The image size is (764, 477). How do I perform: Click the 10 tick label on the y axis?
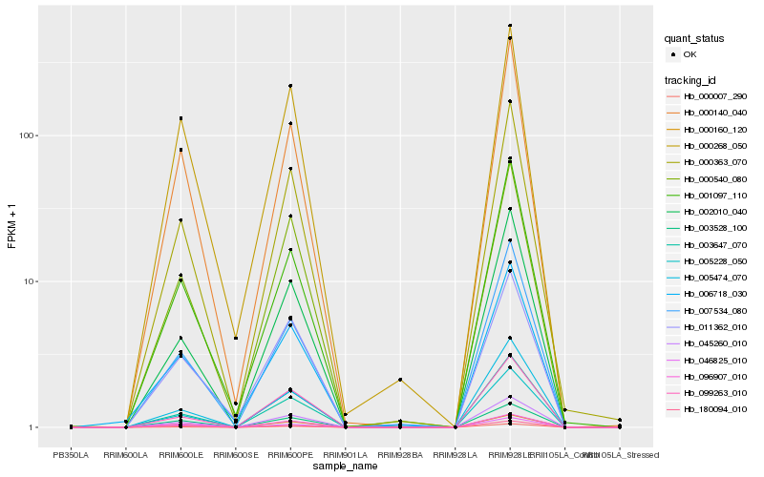click(x=31, y=281)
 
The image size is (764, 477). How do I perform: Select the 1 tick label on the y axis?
click(x=33, y=427)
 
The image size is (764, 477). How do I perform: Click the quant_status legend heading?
click(x=695, y=38)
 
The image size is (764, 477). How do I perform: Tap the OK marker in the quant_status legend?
click(x=673, y=54)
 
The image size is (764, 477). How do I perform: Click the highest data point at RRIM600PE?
click(x=290, y=86)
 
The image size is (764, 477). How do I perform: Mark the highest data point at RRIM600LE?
click(x=180, y=118)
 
